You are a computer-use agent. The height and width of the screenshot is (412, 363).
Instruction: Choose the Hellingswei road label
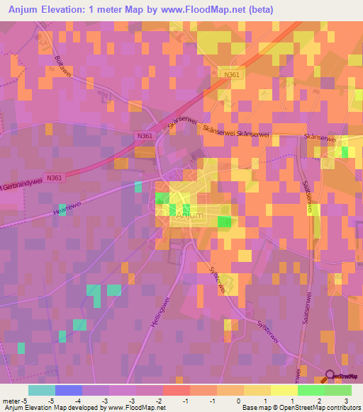(x=155, y=323)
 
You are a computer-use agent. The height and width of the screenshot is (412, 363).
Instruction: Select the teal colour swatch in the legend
(x=41, y=390)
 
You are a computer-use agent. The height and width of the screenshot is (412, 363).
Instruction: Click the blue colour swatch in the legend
(x=68, y=390)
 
